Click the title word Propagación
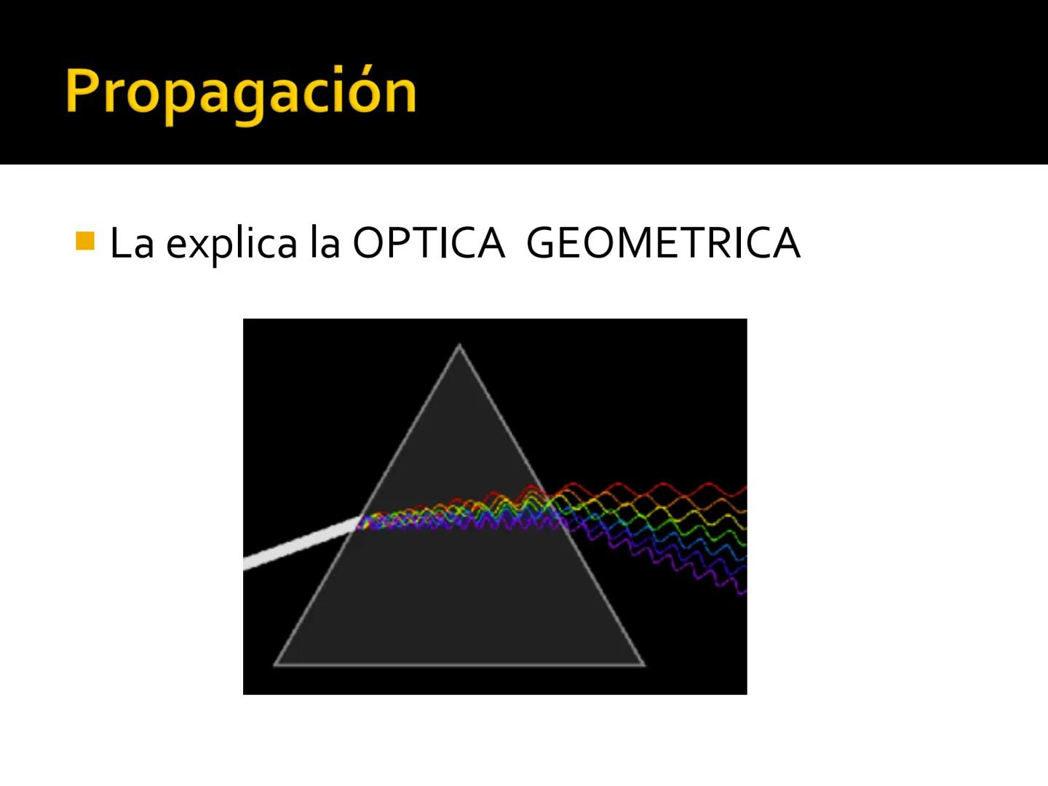click(240, 93)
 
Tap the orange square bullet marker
click(85, 241)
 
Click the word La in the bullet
click(131, 243)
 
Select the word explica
click(231, 245)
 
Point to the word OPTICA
click(428, 243)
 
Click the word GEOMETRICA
click(662, 243)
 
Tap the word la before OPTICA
click(325, 243)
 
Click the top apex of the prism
click(459, 346)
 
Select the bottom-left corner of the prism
click(276, 663)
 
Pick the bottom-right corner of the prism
click(643, 663)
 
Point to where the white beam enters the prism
click(361, 520)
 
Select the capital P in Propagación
click(82, 92)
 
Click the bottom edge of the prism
click(458, 664)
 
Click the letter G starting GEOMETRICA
click(543, 243)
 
